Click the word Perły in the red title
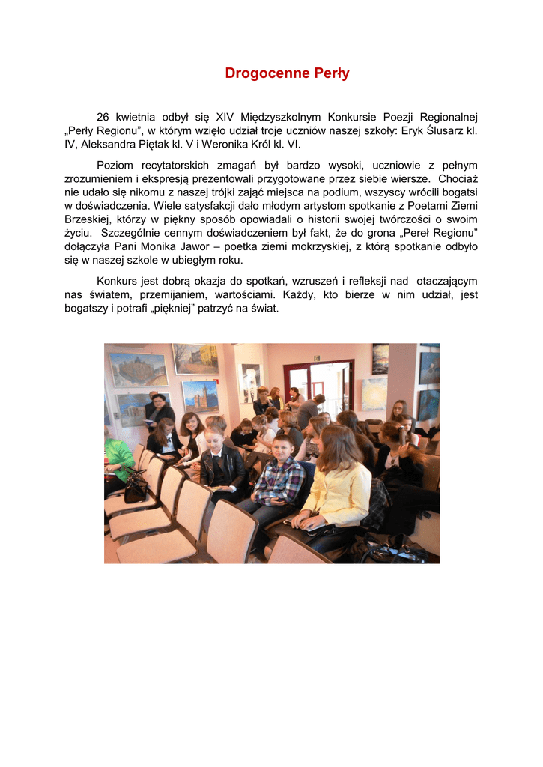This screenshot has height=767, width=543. (329, 73)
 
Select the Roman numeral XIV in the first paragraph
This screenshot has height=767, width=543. (225, 117)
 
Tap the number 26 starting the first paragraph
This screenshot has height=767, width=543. (103, 117)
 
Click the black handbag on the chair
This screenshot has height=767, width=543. (136, 487)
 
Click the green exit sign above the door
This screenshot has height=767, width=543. (317, 358)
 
